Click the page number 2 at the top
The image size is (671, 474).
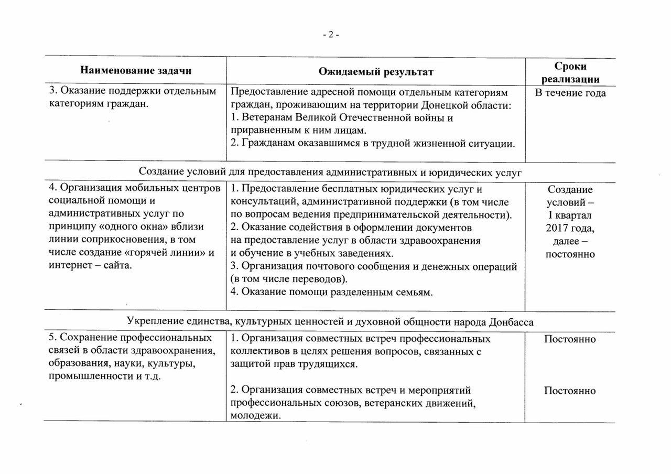click(x=331, y=35)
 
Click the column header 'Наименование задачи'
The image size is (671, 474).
click(x=136, y=71)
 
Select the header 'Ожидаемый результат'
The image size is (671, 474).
click(x=376, y=71)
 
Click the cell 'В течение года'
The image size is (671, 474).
click(x=570, y=93)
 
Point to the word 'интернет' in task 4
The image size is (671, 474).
click(x=68, y=265)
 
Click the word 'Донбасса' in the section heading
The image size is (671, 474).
click(x=511, y=321)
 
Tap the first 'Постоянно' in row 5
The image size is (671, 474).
click(x=570, y=339)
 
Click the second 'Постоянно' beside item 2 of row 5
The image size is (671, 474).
click(x=570, y=391)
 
